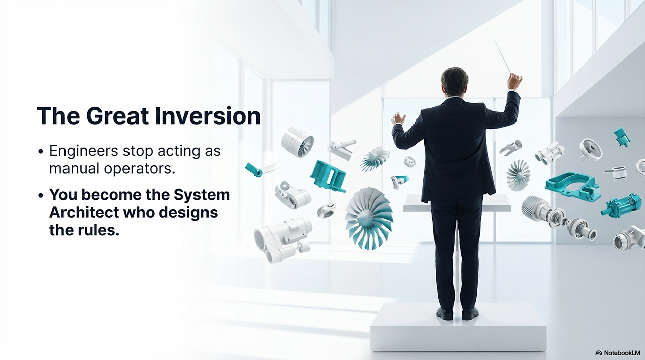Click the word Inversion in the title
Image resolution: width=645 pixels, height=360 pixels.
[x=207, y=116]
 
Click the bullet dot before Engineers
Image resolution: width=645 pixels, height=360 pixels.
[x=41, y=152]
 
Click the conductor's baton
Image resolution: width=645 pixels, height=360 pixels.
[x=503, y=57]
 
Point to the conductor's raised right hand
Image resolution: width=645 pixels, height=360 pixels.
[x=514, y=81]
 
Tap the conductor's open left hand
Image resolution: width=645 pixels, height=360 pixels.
[x=398, y=118]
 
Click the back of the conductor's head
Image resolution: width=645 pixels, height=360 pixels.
[x=454, y=81]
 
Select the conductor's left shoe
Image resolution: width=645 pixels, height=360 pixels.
[x=444, y=313]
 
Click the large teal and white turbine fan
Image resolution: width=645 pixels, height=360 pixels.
[x=368, y=217]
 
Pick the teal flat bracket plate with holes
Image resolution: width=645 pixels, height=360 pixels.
[x=572, y=186]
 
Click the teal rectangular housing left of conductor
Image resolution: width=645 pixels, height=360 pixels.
[x=328, y=175]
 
